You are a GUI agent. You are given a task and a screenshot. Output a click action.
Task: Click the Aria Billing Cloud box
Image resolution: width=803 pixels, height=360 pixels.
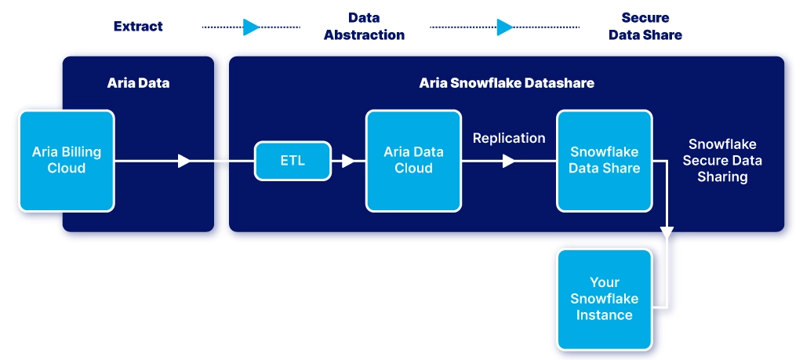[x=67, y=160]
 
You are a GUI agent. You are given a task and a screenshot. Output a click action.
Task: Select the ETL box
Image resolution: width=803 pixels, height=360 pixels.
[x=292, y=161]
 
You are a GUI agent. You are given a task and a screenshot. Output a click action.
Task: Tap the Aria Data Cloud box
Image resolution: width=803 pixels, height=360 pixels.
[x=413, y=160]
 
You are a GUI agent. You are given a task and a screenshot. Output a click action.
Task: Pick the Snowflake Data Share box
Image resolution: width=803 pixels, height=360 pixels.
[x=605, y=160]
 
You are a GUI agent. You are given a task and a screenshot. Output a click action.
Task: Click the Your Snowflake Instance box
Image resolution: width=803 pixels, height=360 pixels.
[x=605, y=299]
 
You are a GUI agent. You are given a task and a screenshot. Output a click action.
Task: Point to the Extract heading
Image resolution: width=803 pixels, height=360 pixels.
[x=138, y=26]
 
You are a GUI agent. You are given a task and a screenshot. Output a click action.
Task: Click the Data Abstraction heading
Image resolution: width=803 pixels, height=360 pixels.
[x=364, y=26]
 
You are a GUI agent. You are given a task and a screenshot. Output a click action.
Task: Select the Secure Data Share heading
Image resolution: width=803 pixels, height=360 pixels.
[x=645, y=26]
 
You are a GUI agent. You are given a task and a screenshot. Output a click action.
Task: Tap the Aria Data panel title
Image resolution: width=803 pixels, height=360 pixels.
[x=138, y=83]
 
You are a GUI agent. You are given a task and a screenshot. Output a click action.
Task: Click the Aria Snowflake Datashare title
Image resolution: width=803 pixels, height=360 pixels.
[x=507, y=83]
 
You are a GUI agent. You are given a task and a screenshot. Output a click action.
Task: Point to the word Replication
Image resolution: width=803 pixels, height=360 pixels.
[x=509, y=138]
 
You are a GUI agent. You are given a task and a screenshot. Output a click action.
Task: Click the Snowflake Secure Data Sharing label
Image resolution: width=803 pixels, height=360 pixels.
[x=722, y=160]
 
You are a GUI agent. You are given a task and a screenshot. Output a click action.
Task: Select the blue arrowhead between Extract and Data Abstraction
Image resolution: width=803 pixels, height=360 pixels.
[x=252, y=27]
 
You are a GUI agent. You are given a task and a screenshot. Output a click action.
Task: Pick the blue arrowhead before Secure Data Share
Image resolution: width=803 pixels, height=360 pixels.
[x=505, y=27]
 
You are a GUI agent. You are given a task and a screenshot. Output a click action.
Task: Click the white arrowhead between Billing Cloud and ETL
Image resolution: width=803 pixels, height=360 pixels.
[x=183, y=161]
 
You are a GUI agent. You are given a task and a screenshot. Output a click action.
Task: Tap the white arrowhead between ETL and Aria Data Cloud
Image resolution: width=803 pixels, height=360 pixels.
[x=348, y=161]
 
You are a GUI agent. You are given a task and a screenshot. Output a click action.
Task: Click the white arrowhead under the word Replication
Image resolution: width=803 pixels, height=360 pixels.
[x=508, y=161]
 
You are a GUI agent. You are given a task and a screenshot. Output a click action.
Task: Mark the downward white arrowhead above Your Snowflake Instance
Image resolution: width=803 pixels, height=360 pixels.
[x=667, y=232]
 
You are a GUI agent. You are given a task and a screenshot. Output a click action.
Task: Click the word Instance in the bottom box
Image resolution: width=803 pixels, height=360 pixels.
[x=605, y=315]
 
